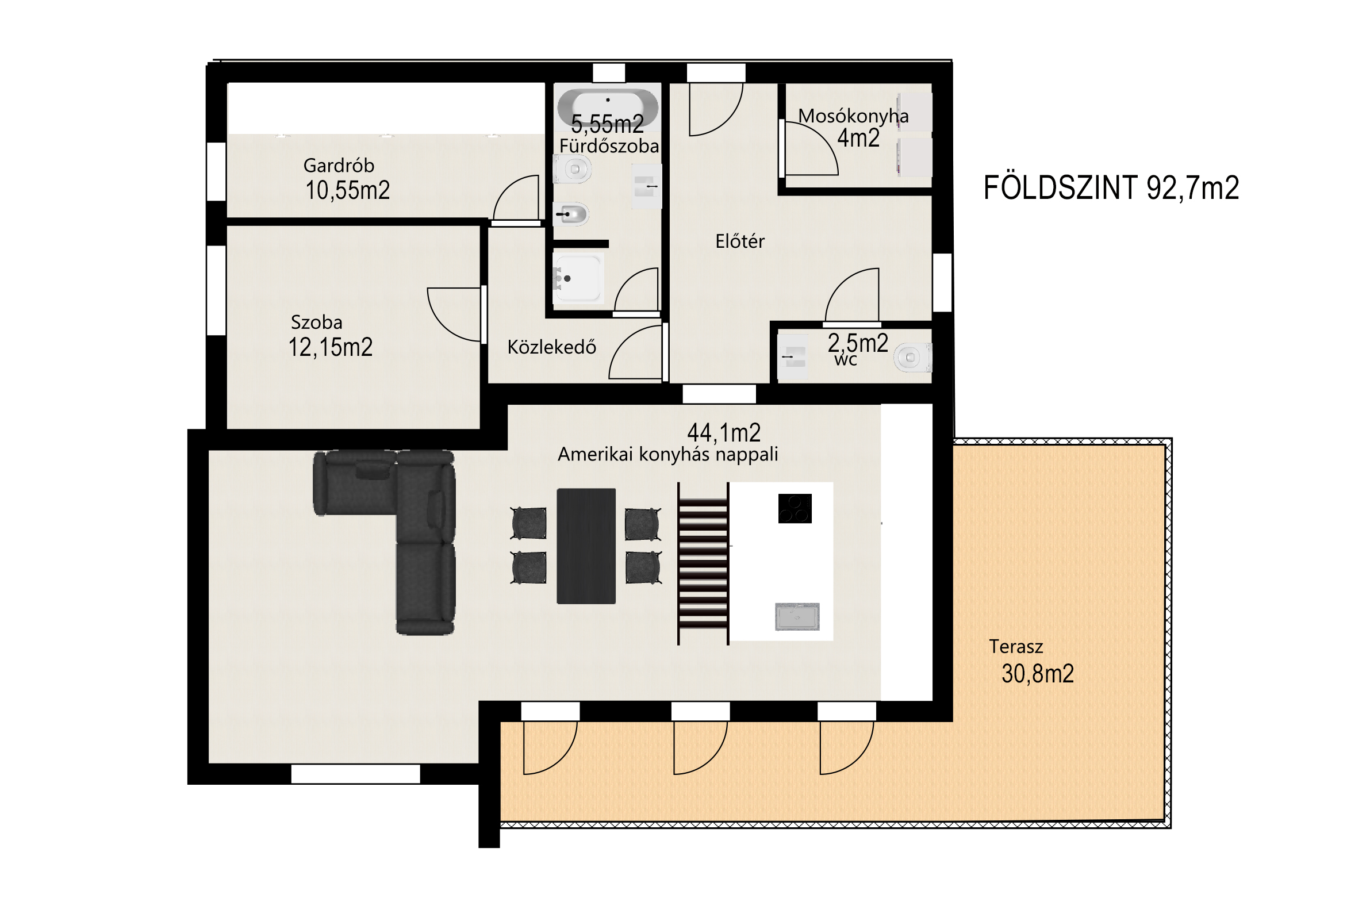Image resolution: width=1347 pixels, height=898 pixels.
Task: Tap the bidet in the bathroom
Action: [571, 214]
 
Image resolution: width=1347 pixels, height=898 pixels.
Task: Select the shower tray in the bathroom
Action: [578, 278]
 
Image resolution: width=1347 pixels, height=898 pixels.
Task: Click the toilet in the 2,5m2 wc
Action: [912, 358]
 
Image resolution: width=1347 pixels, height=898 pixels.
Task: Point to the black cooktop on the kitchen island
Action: [795, 508]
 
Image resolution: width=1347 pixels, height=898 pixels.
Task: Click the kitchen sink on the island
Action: [797, 616]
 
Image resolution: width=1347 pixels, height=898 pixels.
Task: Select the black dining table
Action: [586, 546]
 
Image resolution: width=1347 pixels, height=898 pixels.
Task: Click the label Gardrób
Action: [339, 166]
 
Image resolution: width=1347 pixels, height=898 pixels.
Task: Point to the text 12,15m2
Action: [331, 347]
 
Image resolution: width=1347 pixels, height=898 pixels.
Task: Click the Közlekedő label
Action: [551, 347]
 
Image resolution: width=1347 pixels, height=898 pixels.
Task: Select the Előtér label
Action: [740, 241]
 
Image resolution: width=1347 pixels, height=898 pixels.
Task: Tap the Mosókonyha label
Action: [853, 116]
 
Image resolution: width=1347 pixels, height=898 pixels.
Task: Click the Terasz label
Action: [1016, 647]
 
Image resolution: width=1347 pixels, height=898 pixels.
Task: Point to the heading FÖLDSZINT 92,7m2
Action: [1111, 188]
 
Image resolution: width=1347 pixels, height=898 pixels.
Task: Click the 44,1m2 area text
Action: [724, 432]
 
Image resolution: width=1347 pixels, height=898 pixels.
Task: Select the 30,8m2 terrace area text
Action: [1038, 674]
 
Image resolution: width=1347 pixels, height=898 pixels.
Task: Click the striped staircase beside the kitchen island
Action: [703, 564]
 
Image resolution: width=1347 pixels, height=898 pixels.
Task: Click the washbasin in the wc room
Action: [792, 357]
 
